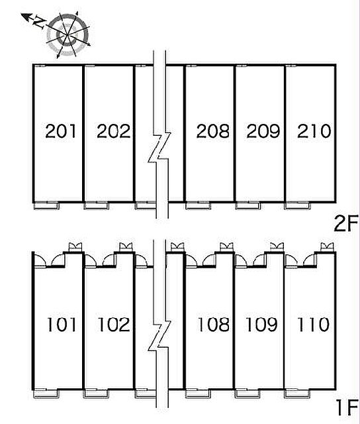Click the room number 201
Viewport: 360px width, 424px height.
click(x=60, y=131)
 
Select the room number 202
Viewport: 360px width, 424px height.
click(x=113, y=131)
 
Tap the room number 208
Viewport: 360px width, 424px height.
click(x=213, y=131)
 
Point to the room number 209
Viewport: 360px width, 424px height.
click(x=263, y=131)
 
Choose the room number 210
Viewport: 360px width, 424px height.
click(x=314, y=131)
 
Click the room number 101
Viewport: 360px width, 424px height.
click(x=62, y=325)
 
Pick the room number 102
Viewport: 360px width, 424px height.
click(x=114, y=325)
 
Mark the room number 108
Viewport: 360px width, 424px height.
click(x=214, y=325)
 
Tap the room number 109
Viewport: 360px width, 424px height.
click(x=261, y=325)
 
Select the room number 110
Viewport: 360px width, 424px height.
click(x=313, y=325)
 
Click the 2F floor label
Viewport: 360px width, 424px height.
click(x=346, y=223)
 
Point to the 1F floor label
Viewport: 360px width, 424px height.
click(x=347, y=408)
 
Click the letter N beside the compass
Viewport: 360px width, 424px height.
click(x=39, y=23)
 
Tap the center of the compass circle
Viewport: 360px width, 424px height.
click(x=67, y=35)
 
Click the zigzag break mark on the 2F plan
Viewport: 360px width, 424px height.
click(x=159, y=147)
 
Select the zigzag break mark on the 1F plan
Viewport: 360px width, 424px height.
click(x=159, y=336)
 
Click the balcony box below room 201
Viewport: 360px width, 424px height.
click(x=46, y=206)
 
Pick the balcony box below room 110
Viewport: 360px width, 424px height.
click(x=298, y=394)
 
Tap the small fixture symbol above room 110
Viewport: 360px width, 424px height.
click(x=327, y=247)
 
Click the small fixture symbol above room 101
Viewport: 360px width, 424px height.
click(x=75, y=247)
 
